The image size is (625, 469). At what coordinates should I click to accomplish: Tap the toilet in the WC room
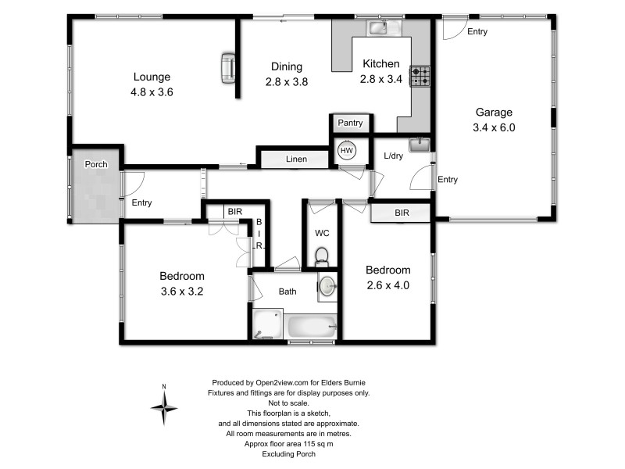point(321,256)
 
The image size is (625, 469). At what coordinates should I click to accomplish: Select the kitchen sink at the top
point(378,29)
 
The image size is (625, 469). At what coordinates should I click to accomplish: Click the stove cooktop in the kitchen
point(421,77)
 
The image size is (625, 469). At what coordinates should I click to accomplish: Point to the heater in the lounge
point(228,67)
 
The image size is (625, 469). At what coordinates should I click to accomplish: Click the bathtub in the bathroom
point(312,327)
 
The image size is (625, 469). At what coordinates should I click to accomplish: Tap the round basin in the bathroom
point(327,286)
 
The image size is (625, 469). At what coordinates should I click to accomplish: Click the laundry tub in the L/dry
point(420,145)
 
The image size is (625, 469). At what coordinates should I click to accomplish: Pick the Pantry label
point(350,124)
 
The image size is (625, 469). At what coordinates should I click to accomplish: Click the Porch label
point(95,164)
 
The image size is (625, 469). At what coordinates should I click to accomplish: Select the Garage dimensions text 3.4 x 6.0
point(494,127)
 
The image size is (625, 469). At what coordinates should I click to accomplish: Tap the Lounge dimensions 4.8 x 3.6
point(152,91)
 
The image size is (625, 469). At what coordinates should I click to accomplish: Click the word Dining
point(286,66)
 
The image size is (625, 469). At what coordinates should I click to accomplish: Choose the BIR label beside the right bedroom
point(402,212)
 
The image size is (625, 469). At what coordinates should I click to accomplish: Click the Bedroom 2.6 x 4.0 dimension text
point(388,285)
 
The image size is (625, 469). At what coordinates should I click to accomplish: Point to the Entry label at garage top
point(477,32)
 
